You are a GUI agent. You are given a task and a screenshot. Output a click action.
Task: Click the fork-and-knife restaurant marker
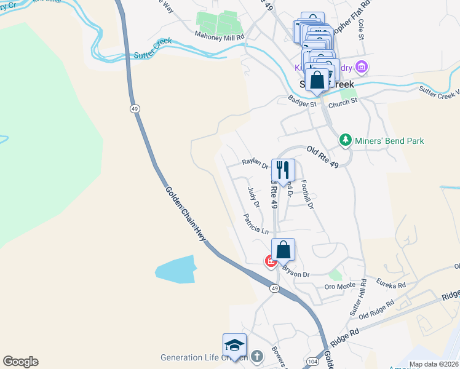click(283, 170)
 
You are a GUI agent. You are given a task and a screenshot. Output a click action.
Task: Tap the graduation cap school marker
click(234, 345)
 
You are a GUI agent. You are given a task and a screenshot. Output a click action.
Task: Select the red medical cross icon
click(270, 261)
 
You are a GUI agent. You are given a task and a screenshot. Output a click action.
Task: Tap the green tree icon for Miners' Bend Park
click(346, 141)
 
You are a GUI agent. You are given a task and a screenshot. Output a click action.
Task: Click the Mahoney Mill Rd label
click(220, 37)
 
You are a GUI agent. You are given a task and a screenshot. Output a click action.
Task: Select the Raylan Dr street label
click(255, 164)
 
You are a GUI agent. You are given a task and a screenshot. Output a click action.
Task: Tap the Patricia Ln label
click(256, 224)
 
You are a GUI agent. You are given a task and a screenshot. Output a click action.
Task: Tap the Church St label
click(343, 101)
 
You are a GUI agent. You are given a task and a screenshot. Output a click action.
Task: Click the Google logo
click(20, 362)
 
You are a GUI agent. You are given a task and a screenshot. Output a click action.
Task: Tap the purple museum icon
click(362, 66)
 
